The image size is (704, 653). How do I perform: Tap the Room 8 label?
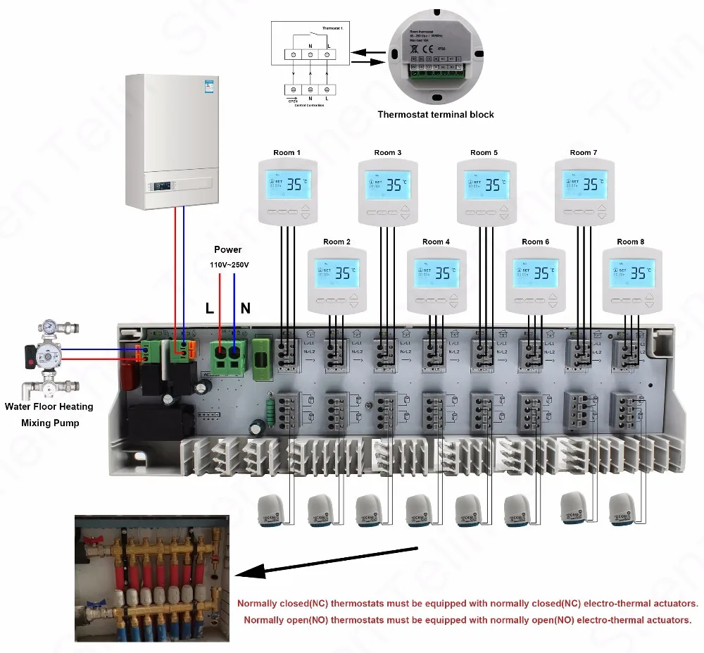pos(631,242)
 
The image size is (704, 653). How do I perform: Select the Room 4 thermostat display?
pos(436,273)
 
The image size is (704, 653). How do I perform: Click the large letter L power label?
pos(210,308)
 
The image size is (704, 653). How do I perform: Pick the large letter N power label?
pos(246,308)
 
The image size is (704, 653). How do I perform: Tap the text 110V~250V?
pos(227,265)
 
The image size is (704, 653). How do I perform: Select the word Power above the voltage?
pos(227,249)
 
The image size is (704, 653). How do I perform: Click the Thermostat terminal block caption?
pos(436,114)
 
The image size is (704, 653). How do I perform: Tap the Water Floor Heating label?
pos(49,406)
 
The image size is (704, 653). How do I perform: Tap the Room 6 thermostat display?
pos(536,273)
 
